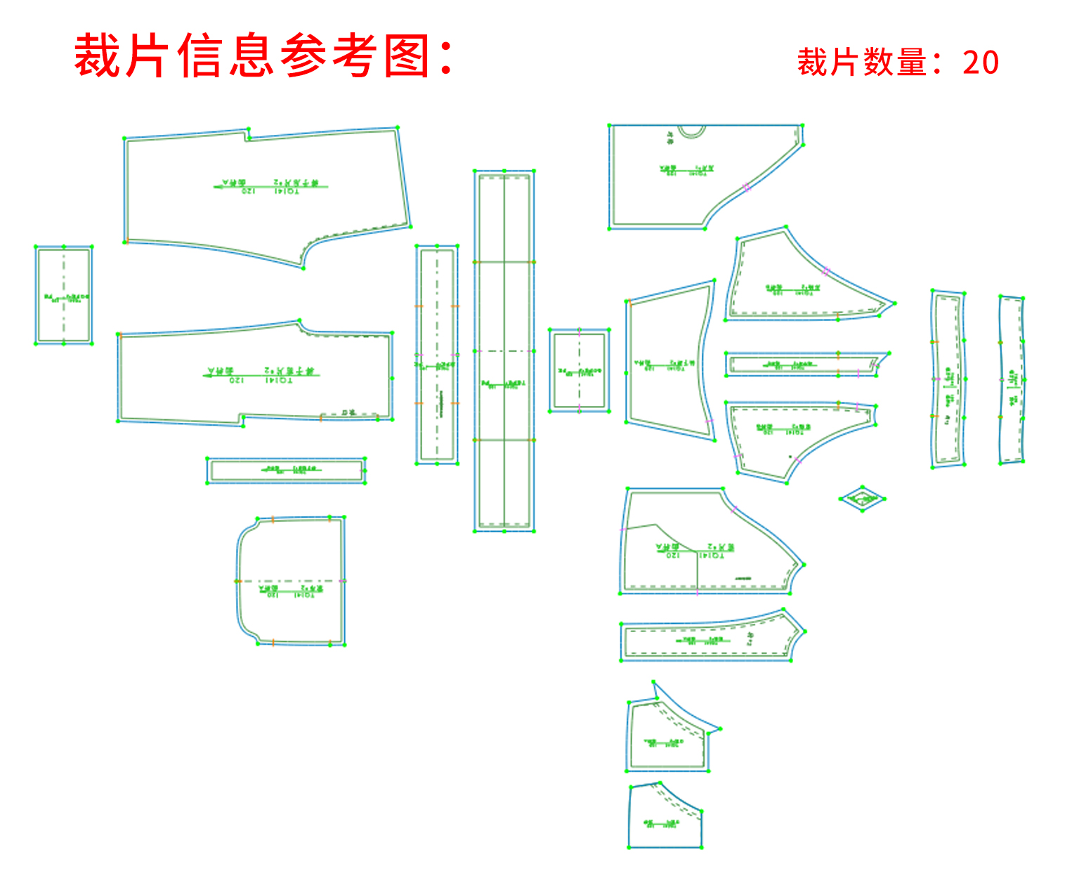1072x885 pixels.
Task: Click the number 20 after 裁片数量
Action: pos(981,63)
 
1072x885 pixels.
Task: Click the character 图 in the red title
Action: pos(407,56)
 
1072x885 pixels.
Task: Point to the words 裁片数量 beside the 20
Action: pos(862,63)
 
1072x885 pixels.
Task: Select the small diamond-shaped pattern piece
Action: pos(862,499)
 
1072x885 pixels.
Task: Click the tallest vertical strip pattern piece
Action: pos(504,351)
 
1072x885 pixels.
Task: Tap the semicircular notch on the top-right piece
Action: pos(691,131)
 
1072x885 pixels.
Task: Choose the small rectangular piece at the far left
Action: pos(63,295)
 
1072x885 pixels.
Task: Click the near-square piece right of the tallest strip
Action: pos(580,370)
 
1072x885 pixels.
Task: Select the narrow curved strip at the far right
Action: pos(1012,379)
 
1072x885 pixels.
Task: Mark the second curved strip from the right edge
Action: pos(948,379)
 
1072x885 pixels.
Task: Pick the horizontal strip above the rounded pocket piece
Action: pos(287,470)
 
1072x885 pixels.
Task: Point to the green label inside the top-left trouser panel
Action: pos(270,187)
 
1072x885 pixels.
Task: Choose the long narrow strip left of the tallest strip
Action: pos(437,355)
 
